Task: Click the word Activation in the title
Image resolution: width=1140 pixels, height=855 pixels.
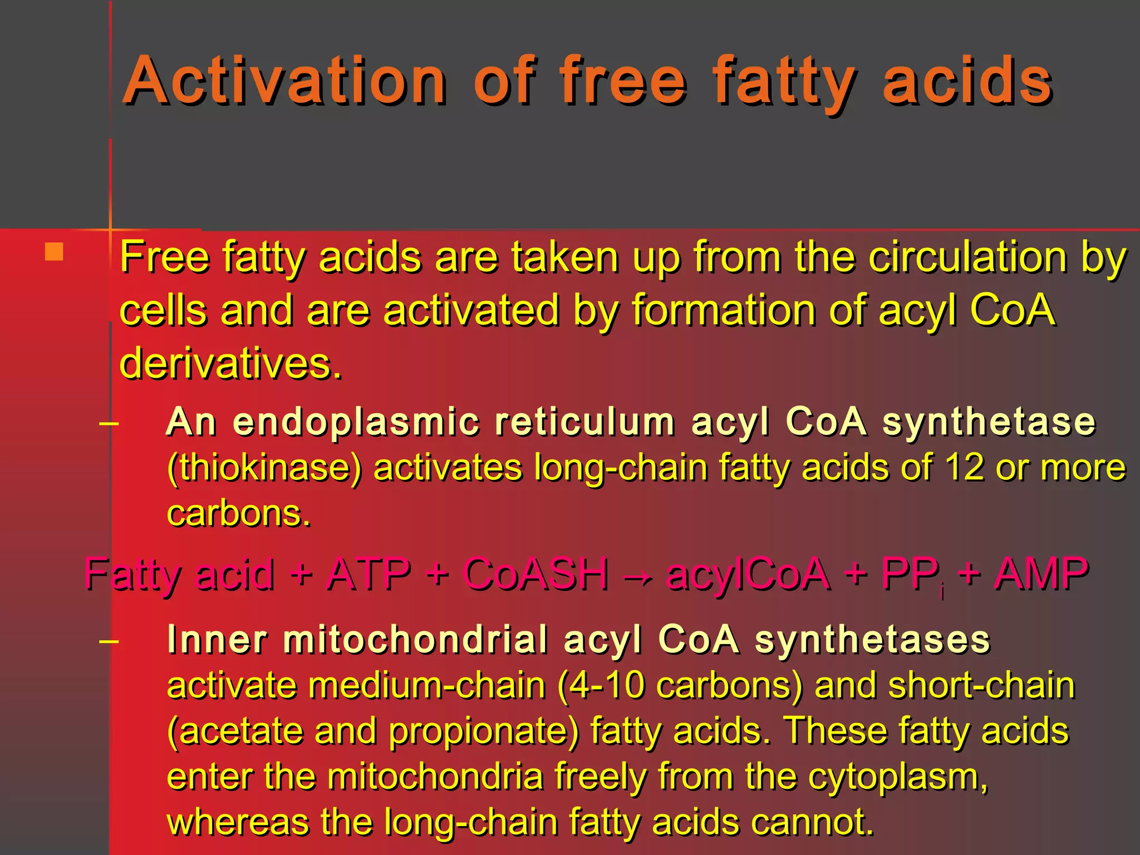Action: [284, 81]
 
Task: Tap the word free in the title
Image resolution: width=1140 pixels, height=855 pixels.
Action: [623, 81]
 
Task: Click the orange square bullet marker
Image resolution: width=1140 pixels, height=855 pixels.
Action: [54, 252]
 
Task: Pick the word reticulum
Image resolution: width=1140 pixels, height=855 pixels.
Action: [585, 421]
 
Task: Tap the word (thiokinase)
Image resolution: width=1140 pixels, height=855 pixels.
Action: [264, 468]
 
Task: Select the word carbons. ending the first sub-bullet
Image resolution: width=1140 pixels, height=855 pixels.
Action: [238, 513]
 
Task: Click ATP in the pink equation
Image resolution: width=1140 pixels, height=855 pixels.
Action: [368, 574]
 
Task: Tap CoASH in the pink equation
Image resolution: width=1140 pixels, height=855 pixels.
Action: [536, 574]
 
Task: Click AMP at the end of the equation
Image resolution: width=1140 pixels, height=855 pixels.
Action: [1041, 574]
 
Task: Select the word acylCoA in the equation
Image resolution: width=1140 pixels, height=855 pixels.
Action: [748, 574]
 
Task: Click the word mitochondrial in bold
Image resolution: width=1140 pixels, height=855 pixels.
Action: [415, 640]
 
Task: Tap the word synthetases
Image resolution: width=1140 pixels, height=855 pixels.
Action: [872, 640]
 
